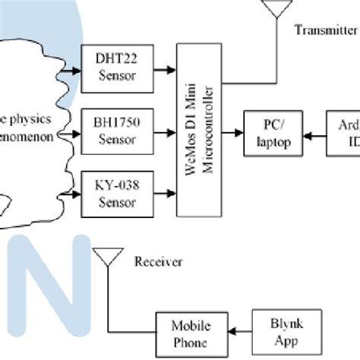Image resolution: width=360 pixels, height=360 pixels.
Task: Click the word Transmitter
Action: (x=326, y=30)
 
